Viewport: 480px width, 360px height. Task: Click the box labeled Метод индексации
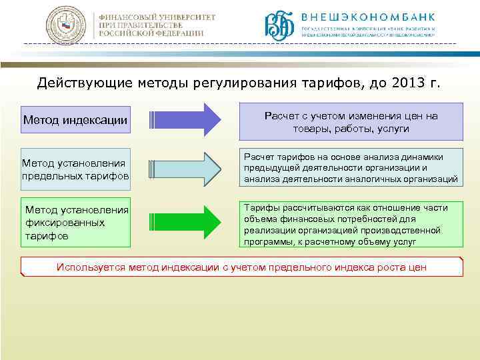(75, 120)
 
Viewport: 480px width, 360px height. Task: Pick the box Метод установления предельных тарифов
(75, 169)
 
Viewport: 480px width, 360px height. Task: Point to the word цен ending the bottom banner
(417, 267)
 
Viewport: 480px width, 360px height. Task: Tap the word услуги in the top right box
(392, 128)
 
